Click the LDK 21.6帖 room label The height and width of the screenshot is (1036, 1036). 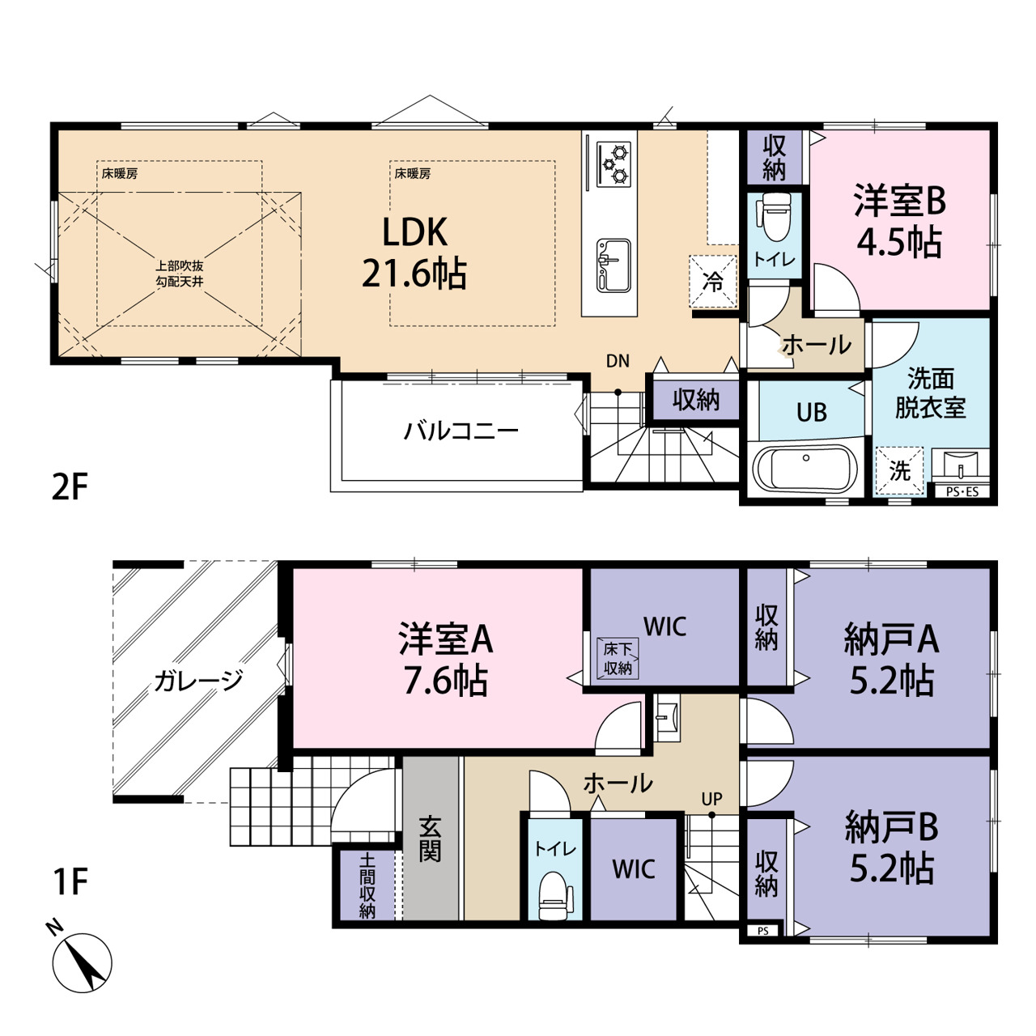pyautogui.click(x=414, y=253)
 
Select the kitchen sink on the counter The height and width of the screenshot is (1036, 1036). pyautogui.click(x=614, y=265)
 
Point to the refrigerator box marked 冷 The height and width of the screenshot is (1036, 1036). pyautogui.click(x=713, y=281)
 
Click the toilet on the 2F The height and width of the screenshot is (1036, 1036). pyautogui.click(x=774, y=216)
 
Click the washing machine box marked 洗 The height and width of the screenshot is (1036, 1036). pyautogui.click(x=899, y=470)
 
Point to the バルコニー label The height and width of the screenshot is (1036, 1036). pyautogui.click(x=461, y=431)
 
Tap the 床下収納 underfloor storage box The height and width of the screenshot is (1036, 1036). pyautogui.click(x=618, y=658)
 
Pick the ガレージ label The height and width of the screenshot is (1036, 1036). pyautogui.click(x=198, y=681)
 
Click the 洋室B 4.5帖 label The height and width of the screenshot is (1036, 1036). pyautogui.click(x=899, y=221)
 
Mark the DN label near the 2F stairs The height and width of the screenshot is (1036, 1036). pyautogui.click(x=618, y=361)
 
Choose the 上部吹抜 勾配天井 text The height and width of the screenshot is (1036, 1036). pyautogui.click(x=180, y=274)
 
